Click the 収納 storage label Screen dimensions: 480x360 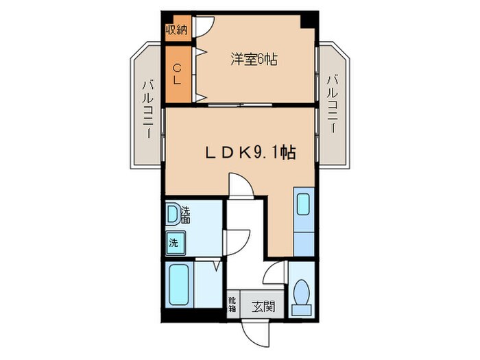point(176,29)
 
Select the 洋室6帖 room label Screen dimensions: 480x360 point(254,59)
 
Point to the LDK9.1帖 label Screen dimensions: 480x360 point(250,152)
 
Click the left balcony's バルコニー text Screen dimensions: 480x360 point(148,108)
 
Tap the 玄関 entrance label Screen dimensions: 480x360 point(263,307)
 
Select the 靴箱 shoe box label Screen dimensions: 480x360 point(232,303)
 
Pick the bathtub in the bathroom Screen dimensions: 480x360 point(179,285)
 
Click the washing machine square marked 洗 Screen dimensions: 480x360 point(175,243)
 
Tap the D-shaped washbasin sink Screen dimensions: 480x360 point(173,213)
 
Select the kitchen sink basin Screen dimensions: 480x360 point(304,204)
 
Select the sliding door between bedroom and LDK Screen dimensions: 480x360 point(240,105)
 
